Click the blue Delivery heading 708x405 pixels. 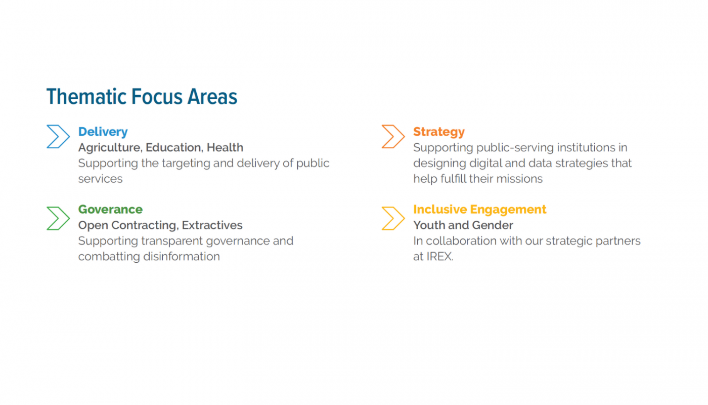pyautogui.click(x=103, y=132)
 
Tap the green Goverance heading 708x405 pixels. pyautogui.click(x=110, y=210)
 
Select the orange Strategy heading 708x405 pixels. pyautogui.click(x=438, y=132)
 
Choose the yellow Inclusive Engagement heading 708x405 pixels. pyautogui.click(x=479, y=210)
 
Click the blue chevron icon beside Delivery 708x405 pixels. pyautogui.click(x=58, y=137)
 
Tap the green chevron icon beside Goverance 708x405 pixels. pyautogui.click(x=58, y=218)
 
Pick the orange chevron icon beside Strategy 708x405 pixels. pyautogui.click(x=393, y=137)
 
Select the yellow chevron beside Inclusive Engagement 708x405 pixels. pyautogui.click(x=393, y=218)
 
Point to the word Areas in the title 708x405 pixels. pyautogui.click(x=212, y=97)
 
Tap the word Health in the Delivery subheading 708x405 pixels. pyautogui.click(x=225, y=148)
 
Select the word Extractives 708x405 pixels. pyautogui.click(x=212, y=225)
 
